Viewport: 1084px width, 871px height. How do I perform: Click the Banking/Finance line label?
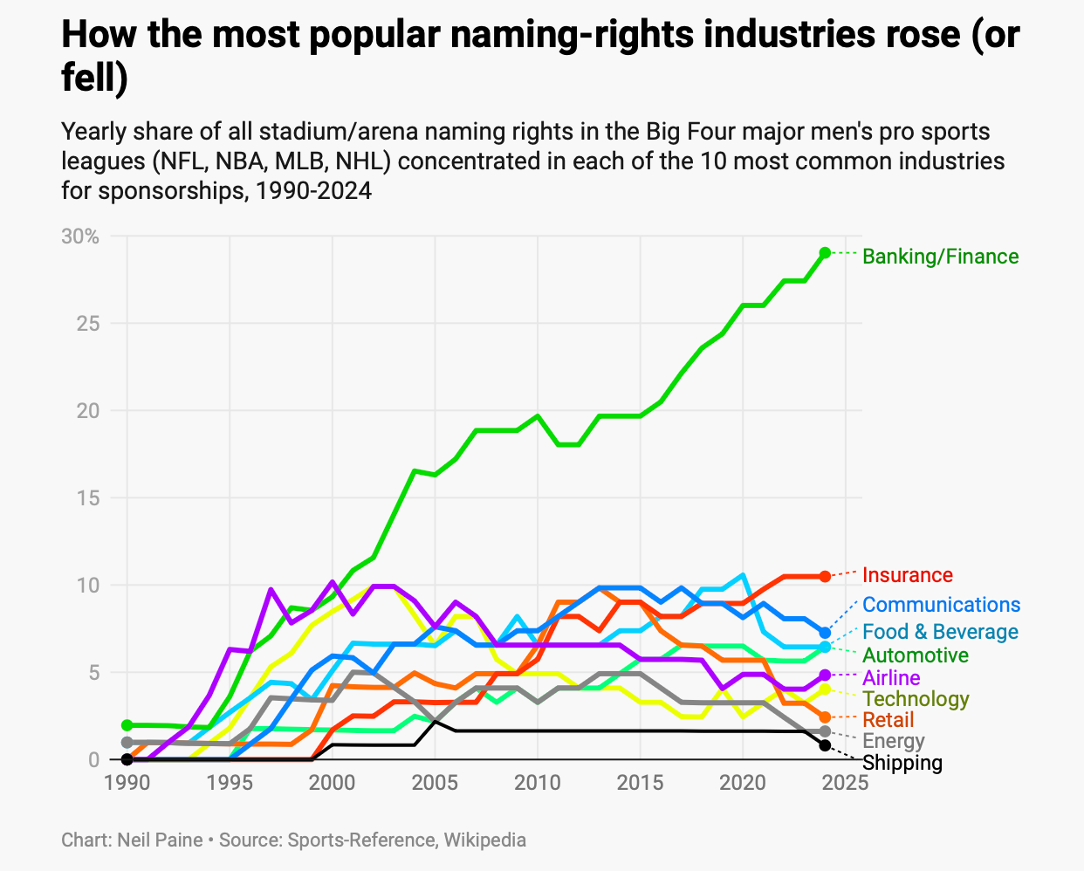[940, 257]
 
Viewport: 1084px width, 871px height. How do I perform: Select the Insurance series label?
[907, 575]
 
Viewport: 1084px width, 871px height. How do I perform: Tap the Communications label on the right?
[941, 605]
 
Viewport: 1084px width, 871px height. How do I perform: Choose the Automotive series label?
[916, 655]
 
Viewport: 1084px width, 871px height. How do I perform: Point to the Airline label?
[891, 678]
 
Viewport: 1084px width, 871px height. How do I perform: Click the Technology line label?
[916, 699]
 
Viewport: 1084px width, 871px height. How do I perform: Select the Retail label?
[888, 720]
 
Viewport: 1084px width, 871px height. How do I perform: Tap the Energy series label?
[893, 742]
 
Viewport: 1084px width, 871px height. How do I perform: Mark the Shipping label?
[902, 763]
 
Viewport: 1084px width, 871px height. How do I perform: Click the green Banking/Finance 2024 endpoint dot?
[825, 253]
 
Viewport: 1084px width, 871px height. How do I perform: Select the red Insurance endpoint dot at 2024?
[825, 576]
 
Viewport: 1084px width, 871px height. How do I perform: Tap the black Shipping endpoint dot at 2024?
[825, 745]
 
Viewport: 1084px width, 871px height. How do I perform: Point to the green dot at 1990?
[127, 725]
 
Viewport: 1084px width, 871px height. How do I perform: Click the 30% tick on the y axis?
[80, 237]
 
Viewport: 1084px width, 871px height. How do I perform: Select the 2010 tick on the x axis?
[538, 782]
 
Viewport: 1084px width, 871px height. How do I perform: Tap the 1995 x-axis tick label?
[230, 782]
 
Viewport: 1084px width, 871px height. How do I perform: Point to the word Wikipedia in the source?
[484, 840]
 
